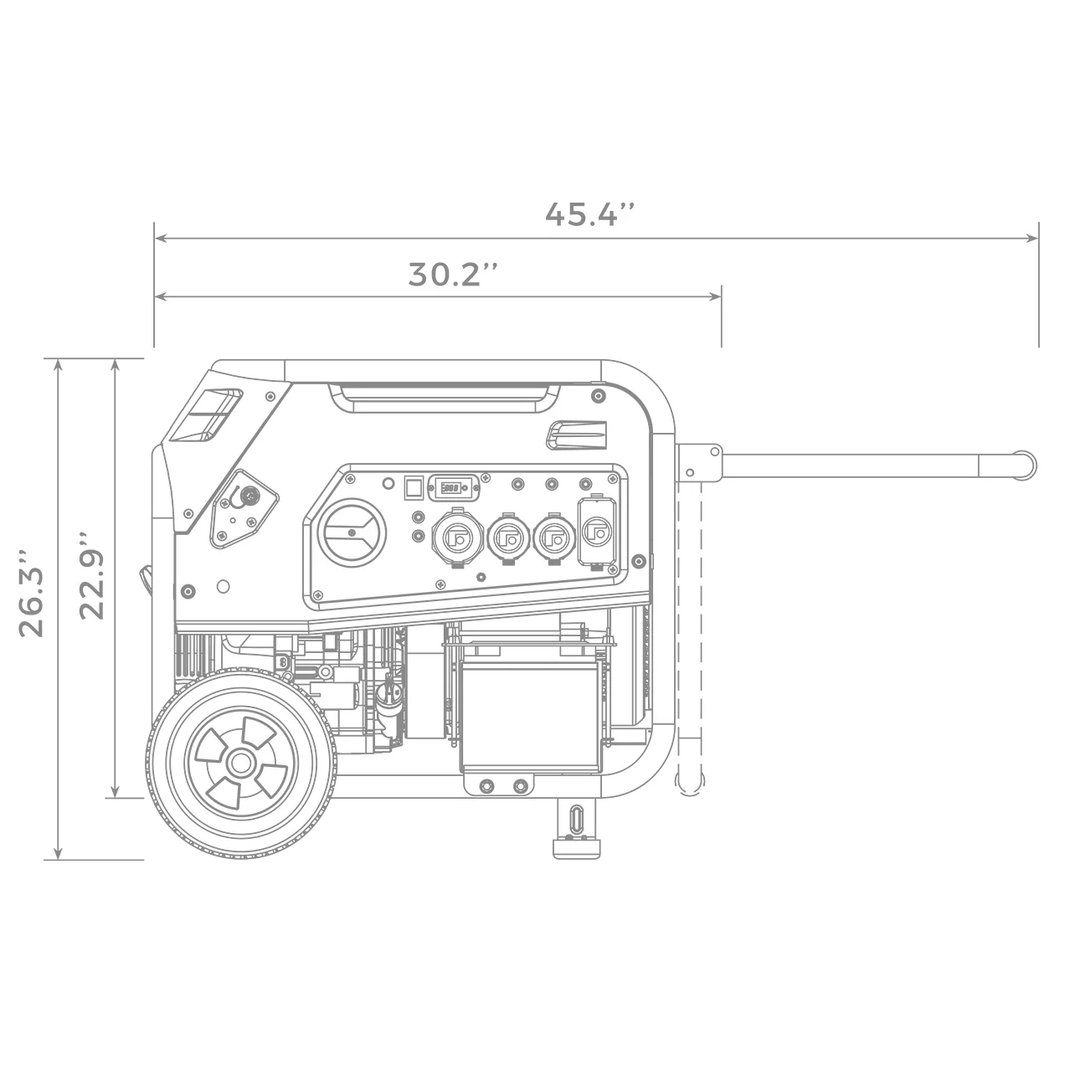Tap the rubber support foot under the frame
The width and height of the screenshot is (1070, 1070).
[x=576, y=829]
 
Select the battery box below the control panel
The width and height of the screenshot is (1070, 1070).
[x=530, y=705]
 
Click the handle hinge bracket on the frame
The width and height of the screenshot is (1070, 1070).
[x=699, y=462]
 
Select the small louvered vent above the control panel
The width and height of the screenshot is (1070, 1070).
[x=576, y=433]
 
